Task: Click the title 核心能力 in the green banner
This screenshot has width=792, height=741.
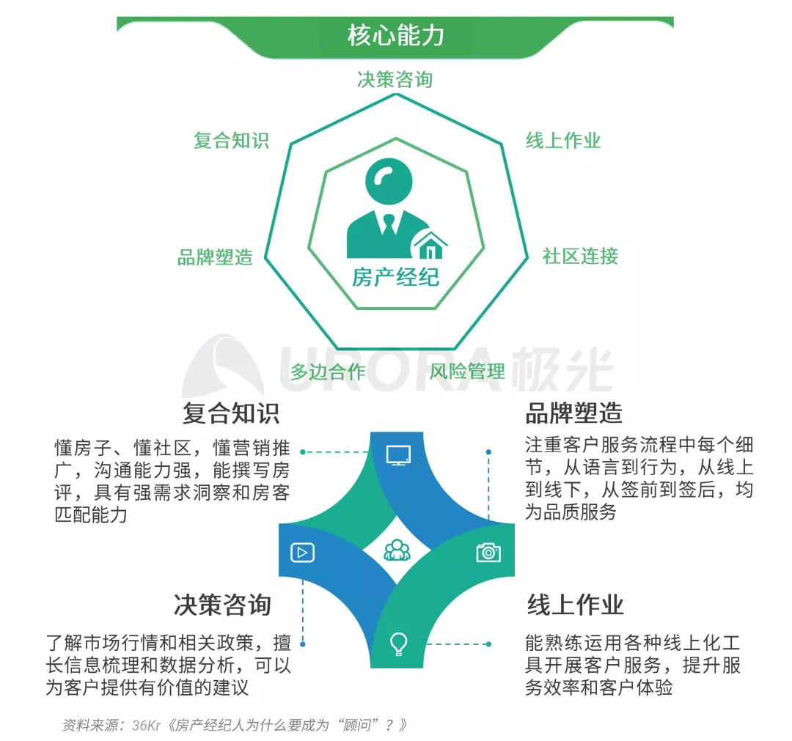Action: click(395, 35)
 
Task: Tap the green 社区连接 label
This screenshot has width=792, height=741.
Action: click(580, 257)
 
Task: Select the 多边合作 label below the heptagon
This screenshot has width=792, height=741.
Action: click(328, 372)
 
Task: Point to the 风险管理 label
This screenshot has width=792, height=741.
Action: click(467, 372)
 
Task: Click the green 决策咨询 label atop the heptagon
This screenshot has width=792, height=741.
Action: click(395, 80)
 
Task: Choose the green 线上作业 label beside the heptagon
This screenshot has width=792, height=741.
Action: click(563, 141)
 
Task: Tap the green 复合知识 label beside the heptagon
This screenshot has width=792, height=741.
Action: click(231, 141)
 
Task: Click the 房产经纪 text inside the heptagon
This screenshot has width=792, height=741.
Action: click(395, 278)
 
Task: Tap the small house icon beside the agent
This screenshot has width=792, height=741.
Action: click(430, 245)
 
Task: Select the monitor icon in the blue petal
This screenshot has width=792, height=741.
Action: click(397, 454)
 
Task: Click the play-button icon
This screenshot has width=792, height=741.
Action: click(302, 552)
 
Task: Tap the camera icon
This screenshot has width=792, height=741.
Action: click(488, 552)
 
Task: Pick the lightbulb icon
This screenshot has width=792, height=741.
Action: click(397, 644)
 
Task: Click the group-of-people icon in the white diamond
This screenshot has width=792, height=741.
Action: click(397, 550)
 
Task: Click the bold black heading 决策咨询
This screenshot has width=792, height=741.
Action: click(222, 605)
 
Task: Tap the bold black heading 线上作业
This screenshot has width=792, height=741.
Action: click(575, 605)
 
